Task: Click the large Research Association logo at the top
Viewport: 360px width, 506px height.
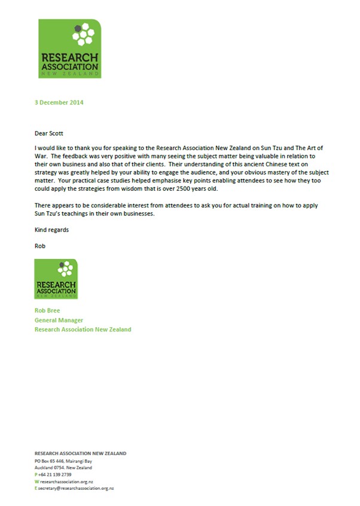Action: (69, 48)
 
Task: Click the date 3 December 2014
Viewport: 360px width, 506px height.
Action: (59, 102)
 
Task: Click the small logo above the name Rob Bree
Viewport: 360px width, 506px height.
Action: (56, 279)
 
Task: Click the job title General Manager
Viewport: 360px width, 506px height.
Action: (58, 320)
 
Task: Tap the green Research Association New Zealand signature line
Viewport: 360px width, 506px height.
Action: (83, 329)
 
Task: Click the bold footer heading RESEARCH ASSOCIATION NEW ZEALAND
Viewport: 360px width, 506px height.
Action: (80, 453)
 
